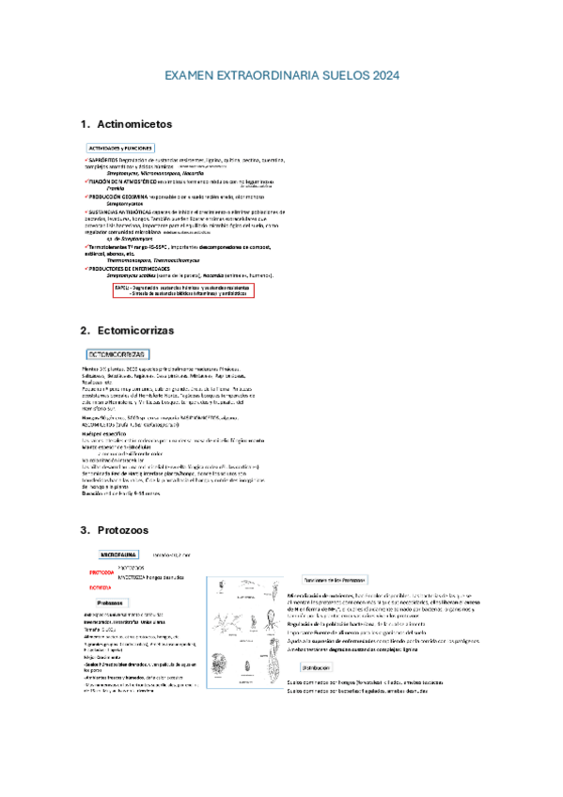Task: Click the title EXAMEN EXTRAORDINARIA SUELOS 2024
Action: coord(281,74)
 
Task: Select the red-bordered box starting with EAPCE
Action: coord(183,290)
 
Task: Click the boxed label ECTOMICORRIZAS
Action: coord(117,354)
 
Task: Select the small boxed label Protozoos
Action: coord(113,602)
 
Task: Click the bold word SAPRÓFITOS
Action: coord(103,161)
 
